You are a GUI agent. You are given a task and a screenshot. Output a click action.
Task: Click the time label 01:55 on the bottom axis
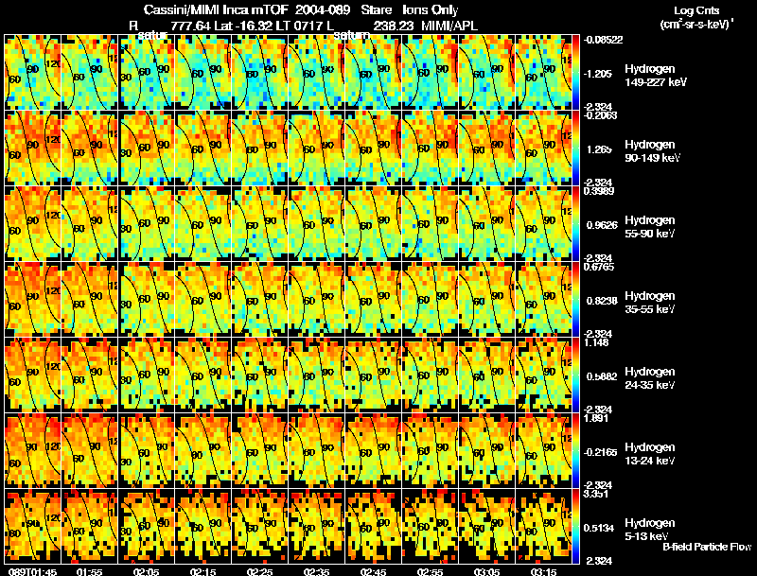pos(89,570)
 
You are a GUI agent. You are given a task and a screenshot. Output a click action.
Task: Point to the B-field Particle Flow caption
pos(707,547)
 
